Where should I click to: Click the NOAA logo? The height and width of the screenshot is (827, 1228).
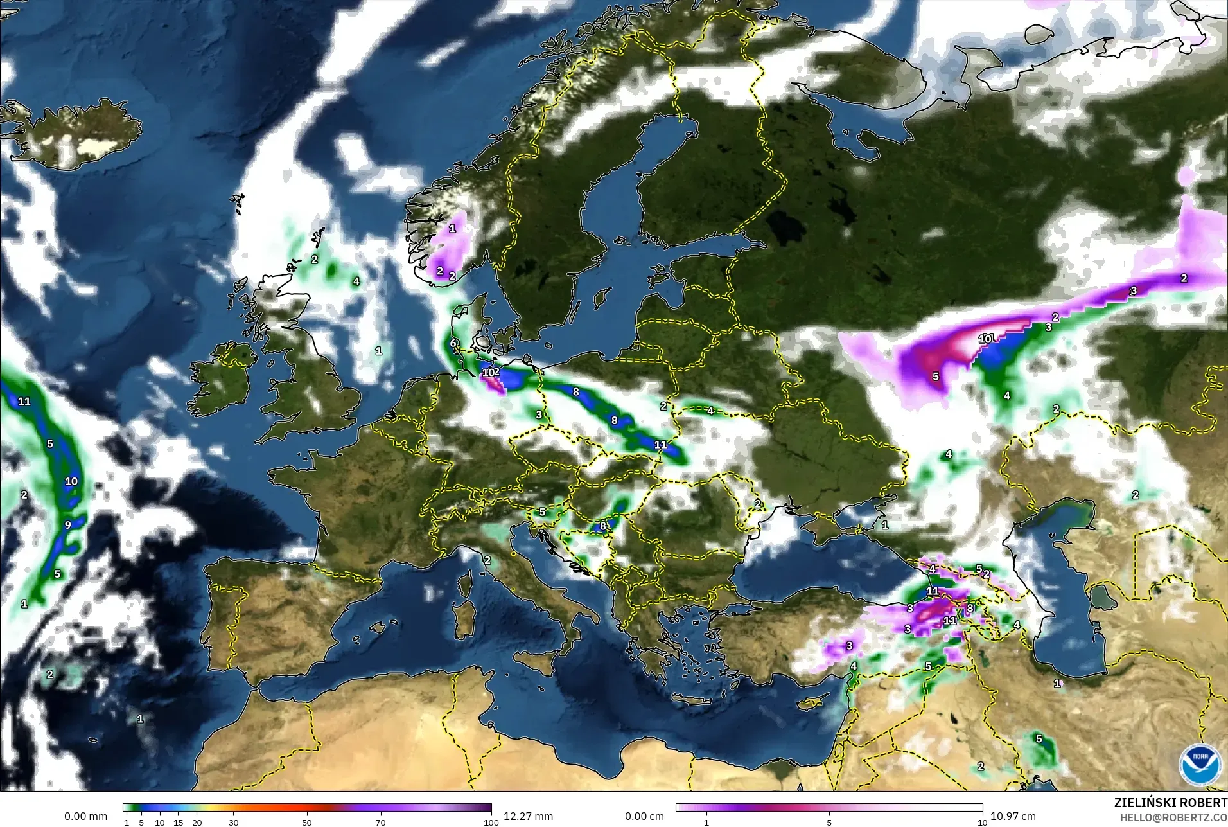coord(1200,764)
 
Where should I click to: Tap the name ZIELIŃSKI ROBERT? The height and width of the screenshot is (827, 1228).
coord(1170,803)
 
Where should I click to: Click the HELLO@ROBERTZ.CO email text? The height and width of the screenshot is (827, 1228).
coord(1173,817)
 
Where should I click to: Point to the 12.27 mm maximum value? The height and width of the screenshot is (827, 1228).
coord(528,816)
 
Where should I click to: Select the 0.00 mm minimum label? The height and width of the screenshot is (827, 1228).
coord(85,816)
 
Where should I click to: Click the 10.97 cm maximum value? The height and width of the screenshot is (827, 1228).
coord(1013,816)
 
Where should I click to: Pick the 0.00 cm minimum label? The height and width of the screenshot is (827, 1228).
coord(644,816)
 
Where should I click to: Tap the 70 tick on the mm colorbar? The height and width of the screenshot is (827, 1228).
coord(380,822)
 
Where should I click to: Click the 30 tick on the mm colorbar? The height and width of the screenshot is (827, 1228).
coord(234,822)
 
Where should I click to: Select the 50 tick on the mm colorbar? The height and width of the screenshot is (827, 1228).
coord(307,822)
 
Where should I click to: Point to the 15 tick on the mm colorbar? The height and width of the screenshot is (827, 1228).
coord(178,822)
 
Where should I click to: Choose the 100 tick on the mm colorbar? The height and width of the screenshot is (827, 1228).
coord(491,822)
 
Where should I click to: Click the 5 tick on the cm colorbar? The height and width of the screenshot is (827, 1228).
coord(829,822)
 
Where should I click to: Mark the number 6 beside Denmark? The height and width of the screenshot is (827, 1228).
coord(453,343)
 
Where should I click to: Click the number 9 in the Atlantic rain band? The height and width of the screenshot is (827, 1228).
coord(68,525)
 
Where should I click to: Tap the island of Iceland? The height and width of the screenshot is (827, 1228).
coord(77,132)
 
